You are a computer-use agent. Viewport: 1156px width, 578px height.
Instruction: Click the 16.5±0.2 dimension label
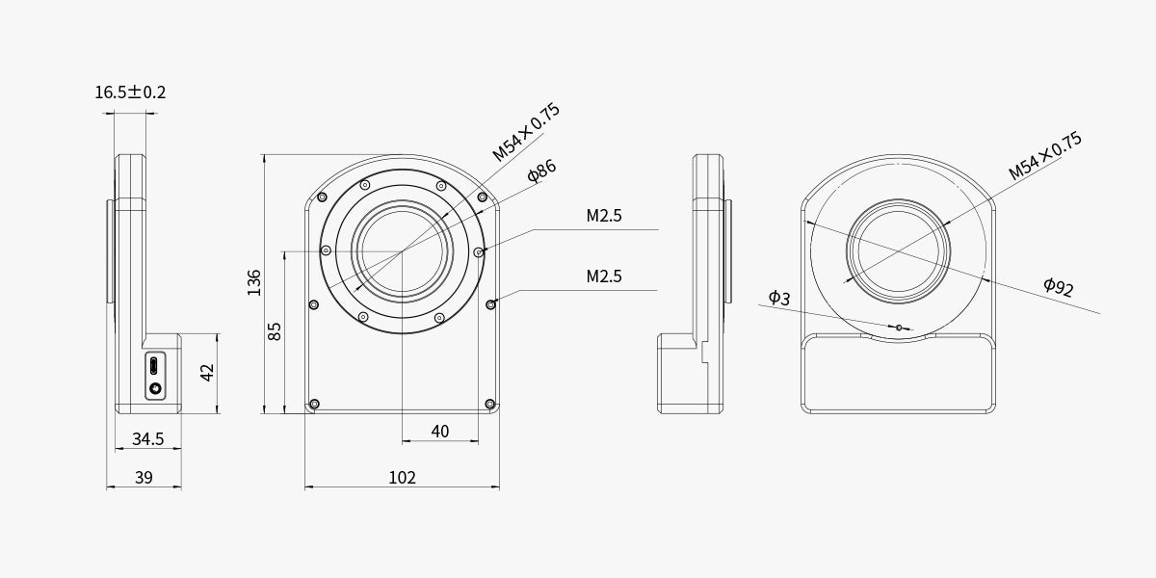pyautogui.click(x=130, y=92)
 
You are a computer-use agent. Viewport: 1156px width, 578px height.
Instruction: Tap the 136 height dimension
pyautogui.click(x=254, y=282)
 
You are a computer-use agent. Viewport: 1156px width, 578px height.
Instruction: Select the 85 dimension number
pyautogui.click(x=276, y=331)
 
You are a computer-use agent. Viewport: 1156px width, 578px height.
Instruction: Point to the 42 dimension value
pyautogui.click(x=207, y=372)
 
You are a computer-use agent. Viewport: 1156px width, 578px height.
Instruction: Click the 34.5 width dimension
pyautogui.click(x=148, y=439)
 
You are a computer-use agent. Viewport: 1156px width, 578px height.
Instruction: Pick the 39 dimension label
pyautogui.click(x=144, y=478)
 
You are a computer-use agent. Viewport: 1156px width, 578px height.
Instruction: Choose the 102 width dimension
pyautogui.click(x=402, y=478)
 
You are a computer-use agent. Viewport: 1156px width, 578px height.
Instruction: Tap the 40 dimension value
pyautogui.click(x=439, y=432)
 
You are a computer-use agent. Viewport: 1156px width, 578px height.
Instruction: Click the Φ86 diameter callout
pyautogui.click(x=541, y=171)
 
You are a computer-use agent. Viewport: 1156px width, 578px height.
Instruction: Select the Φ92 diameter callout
pyautogui.click(x=1059, y=286)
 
